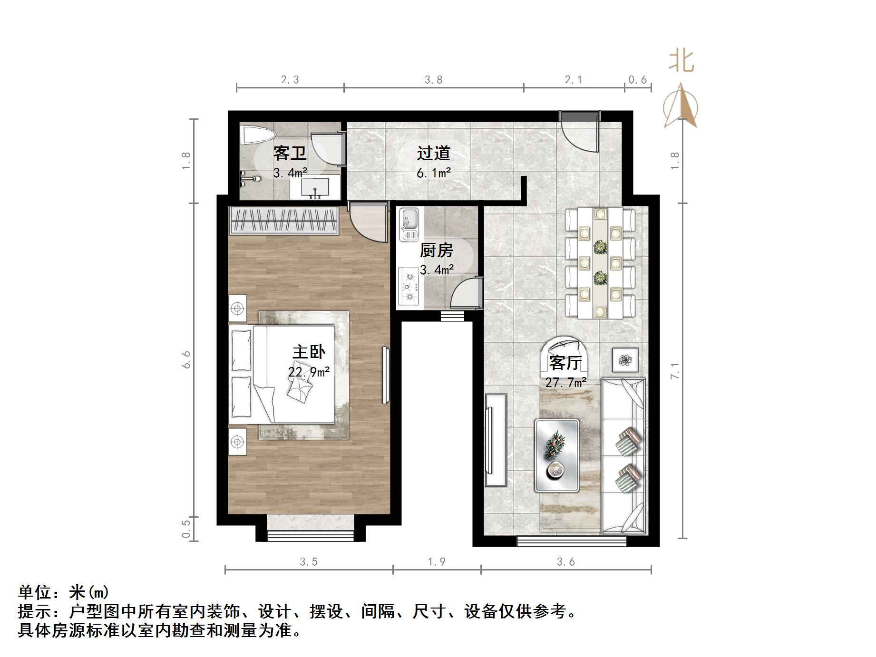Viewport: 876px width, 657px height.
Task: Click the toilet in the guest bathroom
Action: [257, 135]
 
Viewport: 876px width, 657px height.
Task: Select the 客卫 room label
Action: [289, 154]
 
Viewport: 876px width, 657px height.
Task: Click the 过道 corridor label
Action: [433, 153]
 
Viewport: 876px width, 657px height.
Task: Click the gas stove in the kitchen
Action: [409, 287]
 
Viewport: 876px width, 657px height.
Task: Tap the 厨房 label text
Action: [437, 250]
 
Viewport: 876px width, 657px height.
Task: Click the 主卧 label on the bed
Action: [309, 352]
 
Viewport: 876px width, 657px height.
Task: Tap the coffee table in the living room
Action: [557, 455]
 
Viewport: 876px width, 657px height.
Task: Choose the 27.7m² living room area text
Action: [565, 382]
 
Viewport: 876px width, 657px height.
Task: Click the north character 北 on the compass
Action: [681, 62]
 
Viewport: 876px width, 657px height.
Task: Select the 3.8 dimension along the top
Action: [433, 80]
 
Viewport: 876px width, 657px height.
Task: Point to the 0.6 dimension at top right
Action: [637, 80]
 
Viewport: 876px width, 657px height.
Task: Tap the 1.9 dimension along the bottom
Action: [436, 562]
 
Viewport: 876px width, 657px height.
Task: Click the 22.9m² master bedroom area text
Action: [309, 372]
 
